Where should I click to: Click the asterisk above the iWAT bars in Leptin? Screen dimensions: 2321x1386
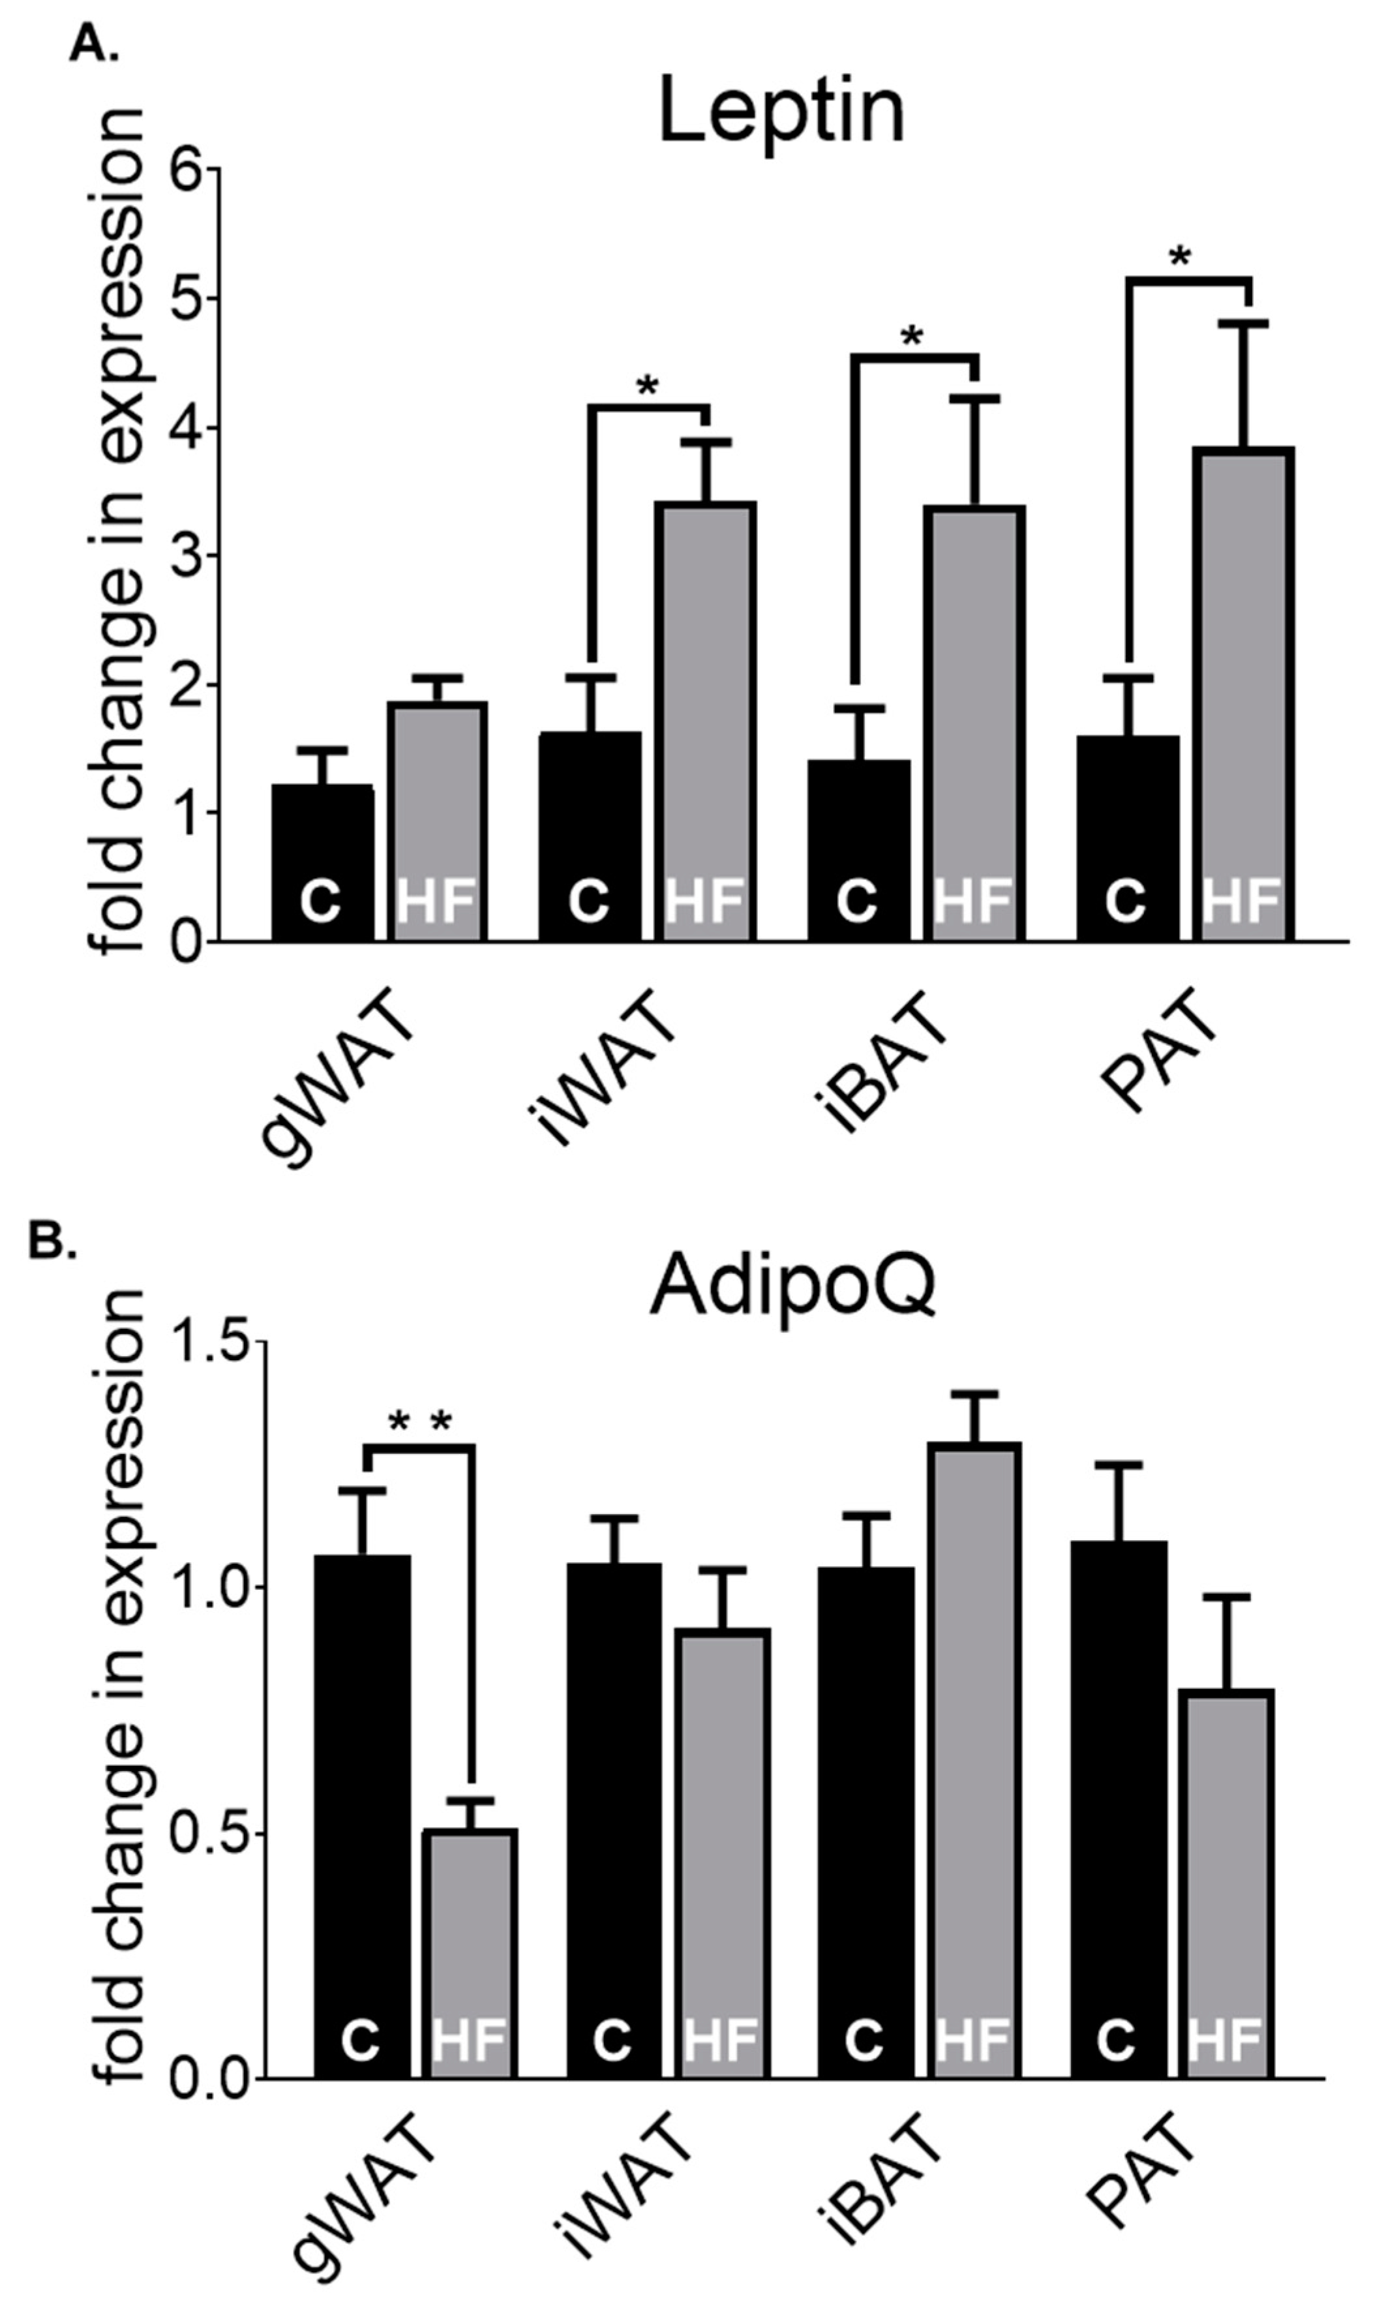pyautogui.click(x=647, y=385)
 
